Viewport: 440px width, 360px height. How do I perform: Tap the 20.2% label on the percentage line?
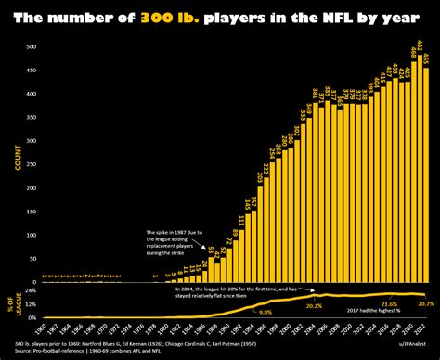pos(314,305)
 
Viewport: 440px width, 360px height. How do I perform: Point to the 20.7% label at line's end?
pos(425,304)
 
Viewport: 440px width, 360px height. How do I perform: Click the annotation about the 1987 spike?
pos(171,241)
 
